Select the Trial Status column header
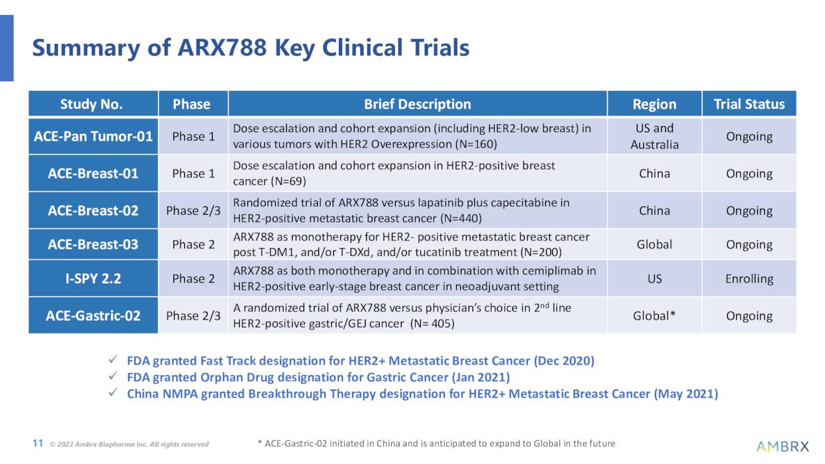click(749, 104)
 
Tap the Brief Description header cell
click(417, 104)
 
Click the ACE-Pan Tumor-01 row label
click(93, 137)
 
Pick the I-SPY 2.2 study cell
click(93, 279)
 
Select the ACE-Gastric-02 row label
click(93, 316)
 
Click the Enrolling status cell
click(749, 279)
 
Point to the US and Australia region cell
click(654, 137)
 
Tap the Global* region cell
click(654, 316)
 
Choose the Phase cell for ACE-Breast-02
click(193, 211)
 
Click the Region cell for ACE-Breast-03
click(654, 245)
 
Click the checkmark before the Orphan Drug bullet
click(113, 377)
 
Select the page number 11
click(37, 443)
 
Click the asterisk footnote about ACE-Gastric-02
click(436, 443)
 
